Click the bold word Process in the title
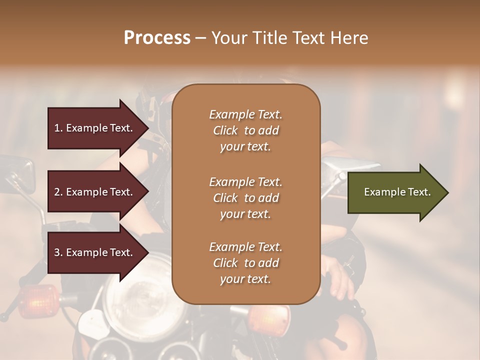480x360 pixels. (157, 37)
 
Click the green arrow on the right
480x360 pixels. (395, 192)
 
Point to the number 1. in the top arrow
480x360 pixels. (58, 128)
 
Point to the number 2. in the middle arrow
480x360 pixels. (58, 192)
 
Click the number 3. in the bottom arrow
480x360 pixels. (58, 252)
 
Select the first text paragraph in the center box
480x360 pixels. (245, 130)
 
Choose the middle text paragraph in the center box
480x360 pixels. (245, 197)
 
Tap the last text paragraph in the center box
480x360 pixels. (245, 263)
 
